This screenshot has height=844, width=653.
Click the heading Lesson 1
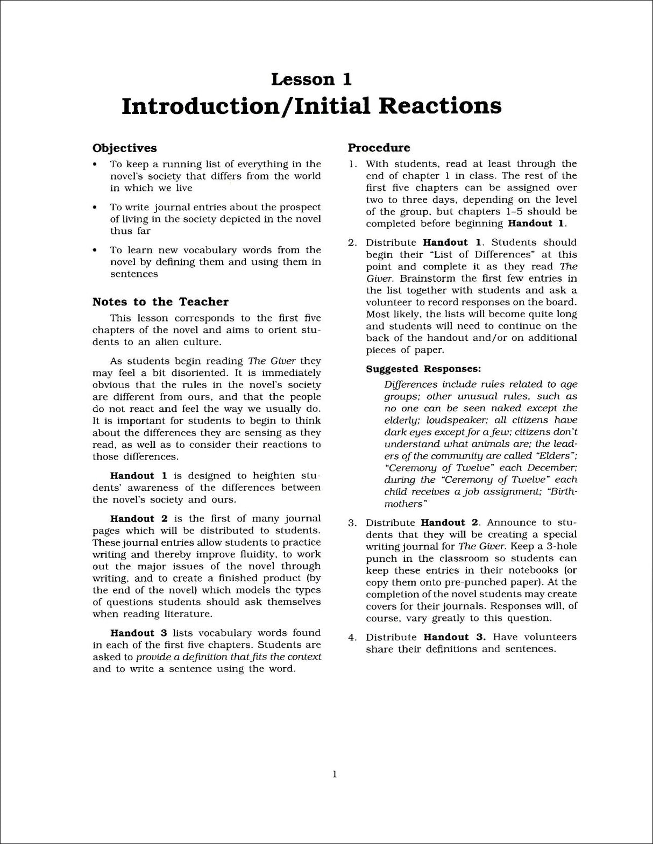tap(311, 79)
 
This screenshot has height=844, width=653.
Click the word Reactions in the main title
tap(441, 106)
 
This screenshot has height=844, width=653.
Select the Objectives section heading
tap(125, 148)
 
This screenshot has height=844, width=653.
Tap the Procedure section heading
tap(379, 147)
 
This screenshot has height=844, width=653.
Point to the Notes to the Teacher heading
tap(160, 302)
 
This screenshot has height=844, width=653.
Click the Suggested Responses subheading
tap(423, 369)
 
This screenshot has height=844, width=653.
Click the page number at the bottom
tap(335, 774)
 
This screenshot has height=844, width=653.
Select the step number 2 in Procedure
tap(352, 242)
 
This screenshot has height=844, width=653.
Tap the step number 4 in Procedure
tap(352, 637)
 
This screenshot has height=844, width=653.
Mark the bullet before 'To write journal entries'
tap(95, 207)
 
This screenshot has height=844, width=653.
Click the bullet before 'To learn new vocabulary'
tap(95, 250)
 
